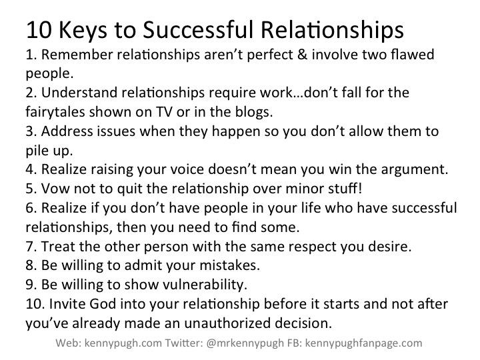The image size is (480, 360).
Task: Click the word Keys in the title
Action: click(83, 30)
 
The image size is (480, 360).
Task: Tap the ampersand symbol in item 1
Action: click(302, 55)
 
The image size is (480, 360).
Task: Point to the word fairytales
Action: click(55, 112)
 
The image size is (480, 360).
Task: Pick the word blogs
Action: click(254, 112)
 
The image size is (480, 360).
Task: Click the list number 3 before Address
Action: click(31, 131)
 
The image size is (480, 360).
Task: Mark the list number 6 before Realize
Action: click(31, 208)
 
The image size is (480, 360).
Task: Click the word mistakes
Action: click(229, 265)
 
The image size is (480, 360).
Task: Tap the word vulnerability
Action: click(205, 285)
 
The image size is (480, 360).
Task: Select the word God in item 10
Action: click(103, 304)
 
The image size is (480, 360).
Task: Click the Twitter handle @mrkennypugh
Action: click(245, 343)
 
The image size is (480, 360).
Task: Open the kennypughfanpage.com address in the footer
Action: click(364, 343)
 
